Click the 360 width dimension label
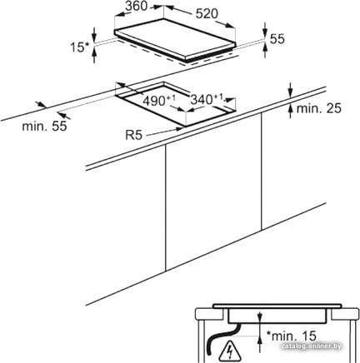136,6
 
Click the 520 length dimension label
207,13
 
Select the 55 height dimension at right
277,38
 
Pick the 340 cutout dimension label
207,99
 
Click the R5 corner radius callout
134,135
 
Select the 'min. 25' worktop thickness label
318,108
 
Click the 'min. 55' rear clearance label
44,127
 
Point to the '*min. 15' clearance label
291,336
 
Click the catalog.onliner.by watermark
311,346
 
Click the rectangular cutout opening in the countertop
175,104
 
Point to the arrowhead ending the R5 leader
180,128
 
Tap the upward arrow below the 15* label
94,54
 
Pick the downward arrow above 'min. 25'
291,90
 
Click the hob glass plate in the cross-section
277,306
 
